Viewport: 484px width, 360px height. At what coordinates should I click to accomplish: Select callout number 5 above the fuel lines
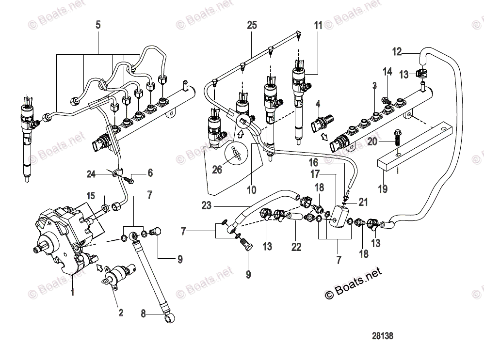coord(98,25)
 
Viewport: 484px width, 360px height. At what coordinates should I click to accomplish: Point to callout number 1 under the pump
coord(73,293)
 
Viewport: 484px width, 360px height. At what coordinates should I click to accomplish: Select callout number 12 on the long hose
coord(397,51)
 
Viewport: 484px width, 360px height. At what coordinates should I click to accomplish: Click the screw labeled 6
coord(129,180)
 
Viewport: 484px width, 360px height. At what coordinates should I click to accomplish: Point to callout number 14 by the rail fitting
coord(387,72)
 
